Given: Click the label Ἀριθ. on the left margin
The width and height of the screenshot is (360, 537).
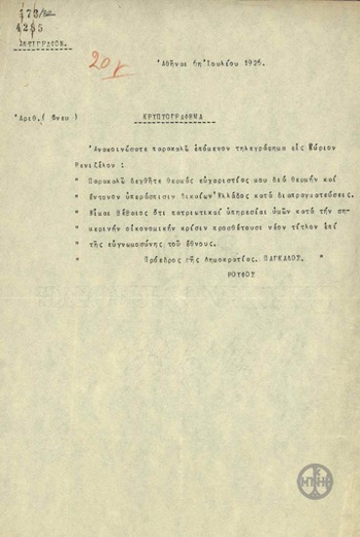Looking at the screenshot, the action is [x=27, y=113].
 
